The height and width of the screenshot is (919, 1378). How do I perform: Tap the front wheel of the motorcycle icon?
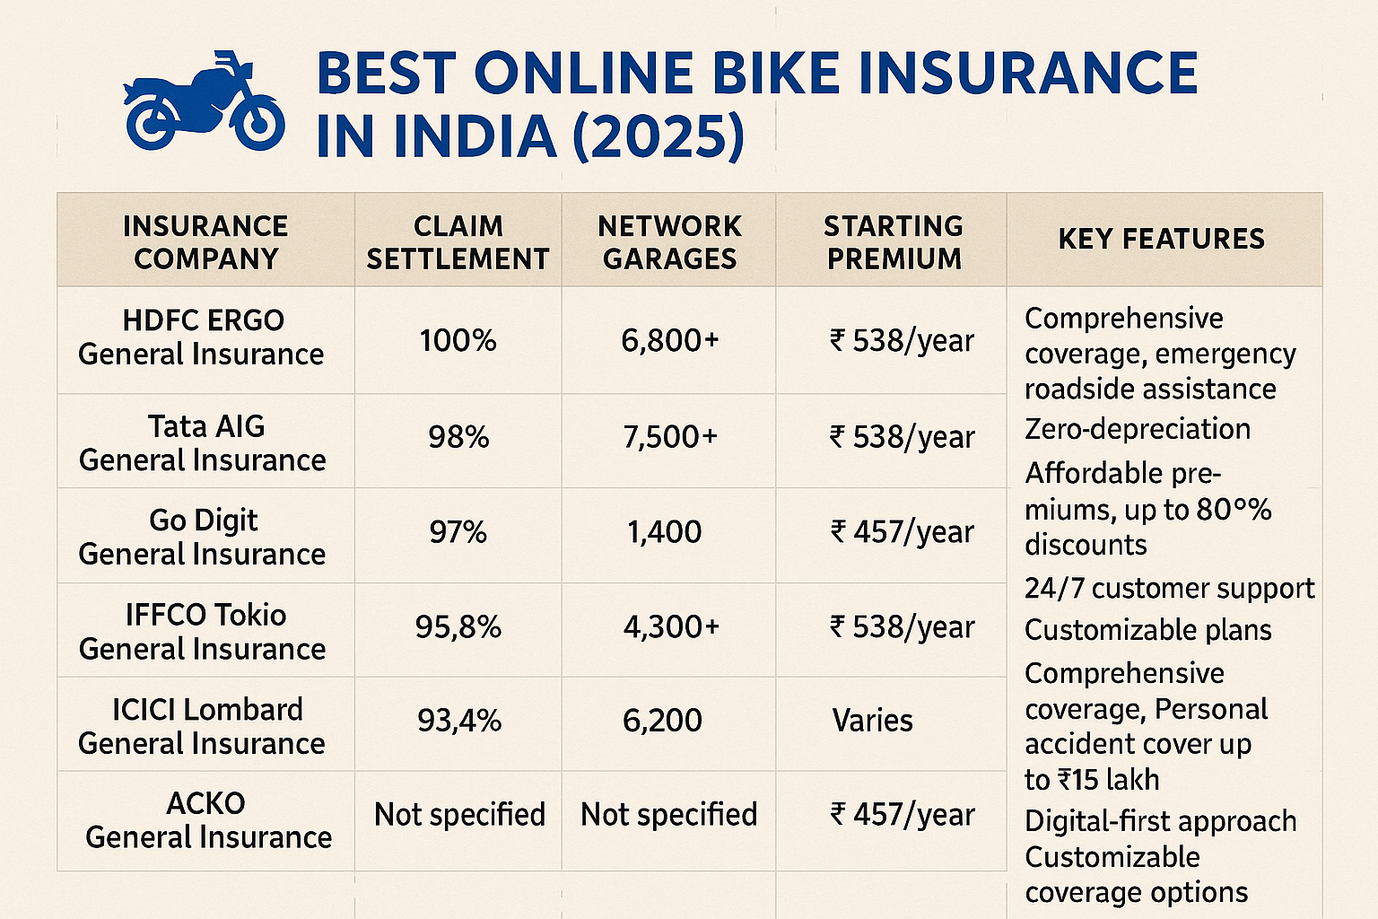click(x=257, y=124)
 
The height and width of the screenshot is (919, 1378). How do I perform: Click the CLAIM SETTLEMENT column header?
click(x=458, y=242)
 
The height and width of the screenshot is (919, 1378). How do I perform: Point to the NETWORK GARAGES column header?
click(x=669, y=242)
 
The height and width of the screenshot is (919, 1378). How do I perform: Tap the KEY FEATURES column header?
click(x=1162, y=239)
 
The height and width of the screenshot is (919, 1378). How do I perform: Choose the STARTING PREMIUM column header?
click(x=894, y=242)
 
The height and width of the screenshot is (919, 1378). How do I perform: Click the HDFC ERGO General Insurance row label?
click(x=202, y=337)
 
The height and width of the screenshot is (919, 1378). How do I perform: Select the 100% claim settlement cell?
click(x=458, y=341)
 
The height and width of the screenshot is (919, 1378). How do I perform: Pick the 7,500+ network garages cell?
click(x=670, y=437)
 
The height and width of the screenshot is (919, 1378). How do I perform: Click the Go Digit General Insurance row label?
click(x=202, y=537)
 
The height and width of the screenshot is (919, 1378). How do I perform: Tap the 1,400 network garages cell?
click(x=664, y=532)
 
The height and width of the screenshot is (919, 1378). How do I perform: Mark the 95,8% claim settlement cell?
click(x=458, y=626)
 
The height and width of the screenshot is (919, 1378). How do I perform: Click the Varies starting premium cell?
click(x=872, y=721)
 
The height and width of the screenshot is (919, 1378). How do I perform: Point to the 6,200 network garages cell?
click(x=662, y=721)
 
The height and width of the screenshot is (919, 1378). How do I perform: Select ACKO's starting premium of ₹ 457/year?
click(x=902, y=815)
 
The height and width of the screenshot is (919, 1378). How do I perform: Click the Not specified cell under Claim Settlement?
click(x=459, y=815)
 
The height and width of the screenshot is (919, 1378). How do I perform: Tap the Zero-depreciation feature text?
click(x=1138, y=429)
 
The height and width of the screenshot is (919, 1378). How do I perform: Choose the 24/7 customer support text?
click(x=1169, y=589)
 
